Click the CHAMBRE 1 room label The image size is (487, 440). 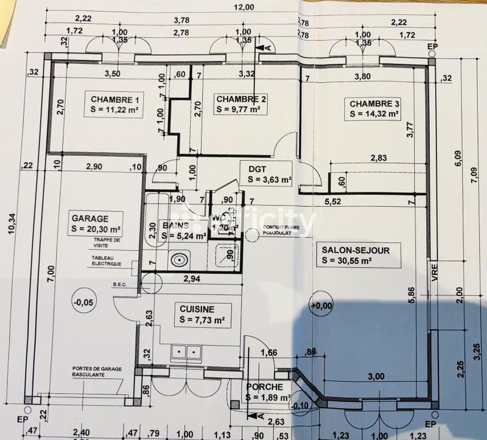(x=115, y=99)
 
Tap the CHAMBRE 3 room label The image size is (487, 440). (x=374, y=102)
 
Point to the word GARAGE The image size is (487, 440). (x=89, y=218)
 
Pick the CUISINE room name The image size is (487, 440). (x=193, y=309)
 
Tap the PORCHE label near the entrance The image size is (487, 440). (x=264, y=387)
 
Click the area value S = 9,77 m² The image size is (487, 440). (x=238, y=110)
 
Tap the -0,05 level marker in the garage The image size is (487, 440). (x=81, y=301)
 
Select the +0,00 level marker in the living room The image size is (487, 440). (x=322, y=305)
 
